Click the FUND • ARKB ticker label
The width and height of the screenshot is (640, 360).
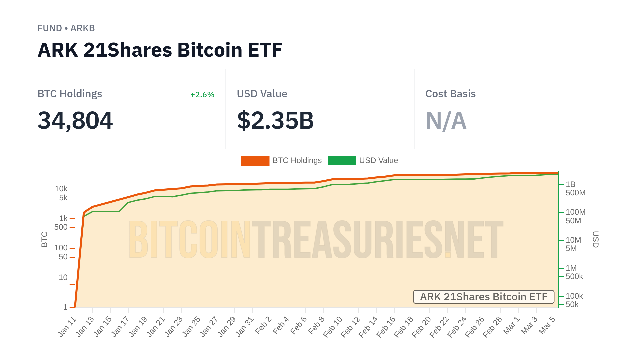[x=66, y=28]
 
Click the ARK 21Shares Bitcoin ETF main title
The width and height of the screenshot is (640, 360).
[x=160, y=50]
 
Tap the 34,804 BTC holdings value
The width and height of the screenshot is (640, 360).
[x=75, y=120]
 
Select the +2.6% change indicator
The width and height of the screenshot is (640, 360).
[x=202, y=95]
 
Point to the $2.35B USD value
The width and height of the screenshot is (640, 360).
[x=275, y=120]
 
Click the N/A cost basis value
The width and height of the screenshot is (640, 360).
[x=446, y=120]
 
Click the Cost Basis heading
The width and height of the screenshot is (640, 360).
[x=450, y=94]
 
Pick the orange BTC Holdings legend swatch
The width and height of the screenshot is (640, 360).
[x=255, y=160]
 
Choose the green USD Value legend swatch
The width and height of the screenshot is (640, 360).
[x=342, y=160]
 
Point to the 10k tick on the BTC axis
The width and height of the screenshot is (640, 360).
[x=61, y=189]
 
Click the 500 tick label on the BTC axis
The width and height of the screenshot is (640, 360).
[x=61, y=227]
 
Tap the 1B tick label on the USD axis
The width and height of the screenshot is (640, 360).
[x=570, y=184]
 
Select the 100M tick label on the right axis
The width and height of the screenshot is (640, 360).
[x=575, y=212]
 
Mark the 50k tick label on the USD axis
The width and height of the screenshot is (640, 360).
[x=572, y=304]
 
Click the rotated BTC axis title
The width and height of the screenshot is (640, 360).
[x=44, y=239]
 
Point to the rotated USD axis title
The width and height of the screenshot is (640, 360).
[x=595, y=239]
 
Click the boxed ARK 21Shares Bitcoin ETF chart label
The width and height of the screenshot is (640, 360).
[x=484, y=297]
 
